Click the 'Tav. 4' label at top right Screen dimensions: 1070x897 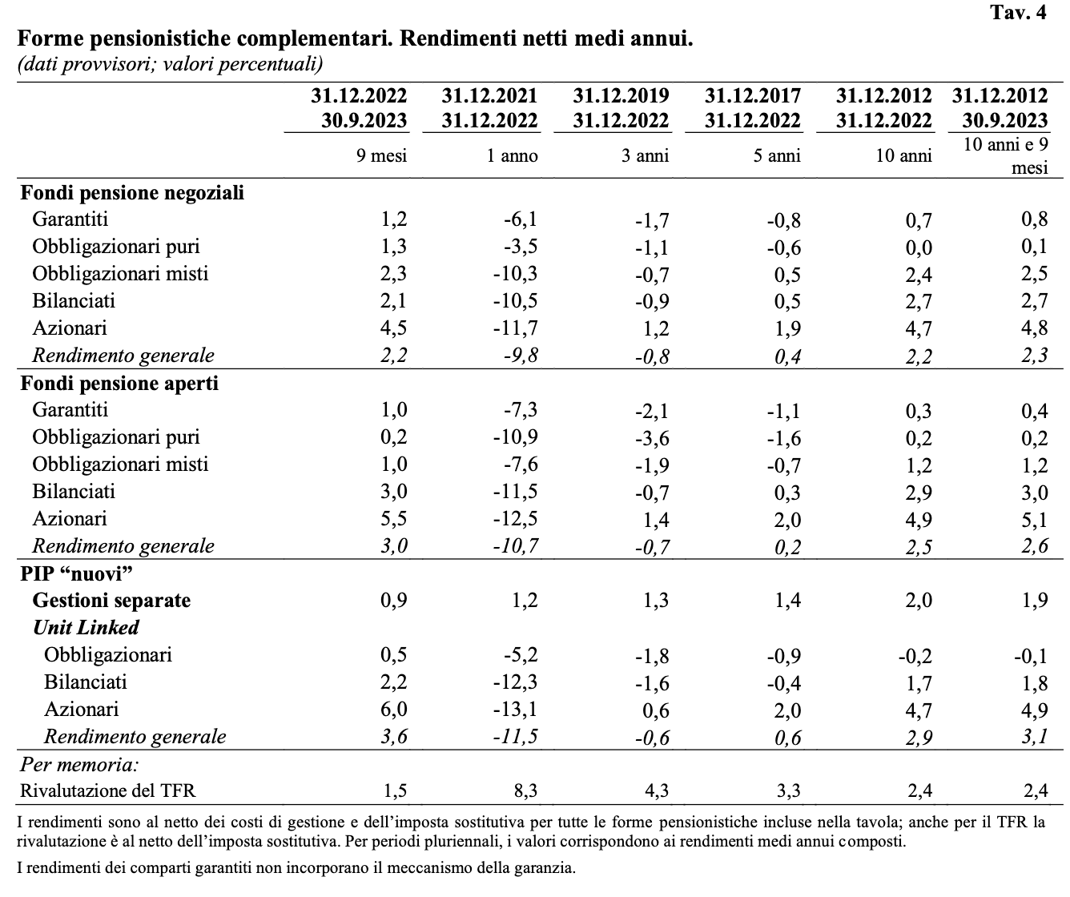(x=1018, y=12)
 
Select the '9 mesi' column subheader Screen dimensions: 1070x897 (x=381, y=155)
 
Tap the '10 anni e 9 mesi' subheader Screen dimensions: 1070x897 (x=1005, y=156)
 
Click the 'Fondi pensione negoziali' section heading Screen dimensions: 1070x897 (x=132, y=193)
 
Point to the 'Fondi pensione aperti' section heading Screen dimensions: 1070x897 (x=119, y=384)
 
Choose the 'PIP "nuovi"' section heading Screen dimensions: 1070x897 (x=76, y=573)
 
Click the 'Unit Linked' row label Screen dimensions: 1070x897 (x=86, y=627)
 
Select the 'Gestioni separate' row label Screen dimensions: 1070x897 (x=111, y=600)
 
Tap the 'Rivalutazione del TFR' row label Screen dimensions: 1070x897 (x=107, y=790)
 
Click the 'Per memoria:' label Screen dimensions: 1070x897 (x=79, y=764)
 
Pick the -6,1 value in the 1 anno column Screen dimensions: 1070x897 (x=520, y=219)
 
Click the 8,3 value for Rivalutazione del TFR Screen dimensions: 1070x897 (x=525, y=791)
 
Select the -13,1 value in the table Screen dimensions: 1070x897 (x=516, y=710)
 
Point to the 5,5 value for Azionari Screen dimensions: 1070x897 (x=393, y=519)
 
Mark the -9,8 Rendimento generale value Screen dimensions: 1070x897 (x=521, y=356)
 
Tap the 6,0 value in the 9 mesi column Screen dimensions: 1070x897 (x=393, y=710)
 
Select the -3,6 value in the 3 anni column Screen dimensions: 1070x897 (x=652, y=438)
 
